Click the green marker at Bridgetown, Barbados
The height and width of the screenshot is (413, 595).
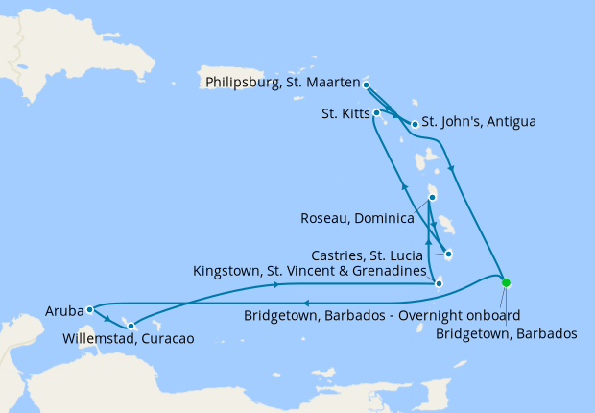point(506,282)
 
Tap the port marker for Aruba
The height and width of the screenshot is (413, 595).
point(89,309)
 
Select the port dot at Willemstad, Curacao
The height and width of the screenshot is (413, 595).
point(131,326)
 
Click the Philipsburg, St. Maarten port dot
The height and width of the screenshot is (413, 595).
point(367,85)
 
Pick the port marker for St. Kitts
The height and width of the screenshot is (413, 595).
point(377,113)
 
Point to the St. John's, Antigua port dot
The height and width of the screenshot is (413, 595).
point(415,124)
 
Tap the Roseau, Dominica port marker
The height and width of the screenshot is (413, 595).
point(432,197)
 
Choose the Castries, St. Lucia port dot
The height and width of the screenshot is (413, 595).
point(448,255)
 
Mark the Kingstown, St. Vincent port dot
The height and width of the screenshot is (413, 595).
point(439,283)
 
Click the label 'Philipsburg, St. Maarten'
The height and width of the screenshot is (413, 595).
point(282,83)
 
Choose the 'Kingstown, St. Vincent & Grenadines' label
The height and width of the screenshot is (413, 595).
point(310,274)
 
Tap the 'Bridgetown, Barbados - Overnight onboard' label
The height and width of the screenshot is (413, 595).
point(382,315)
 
